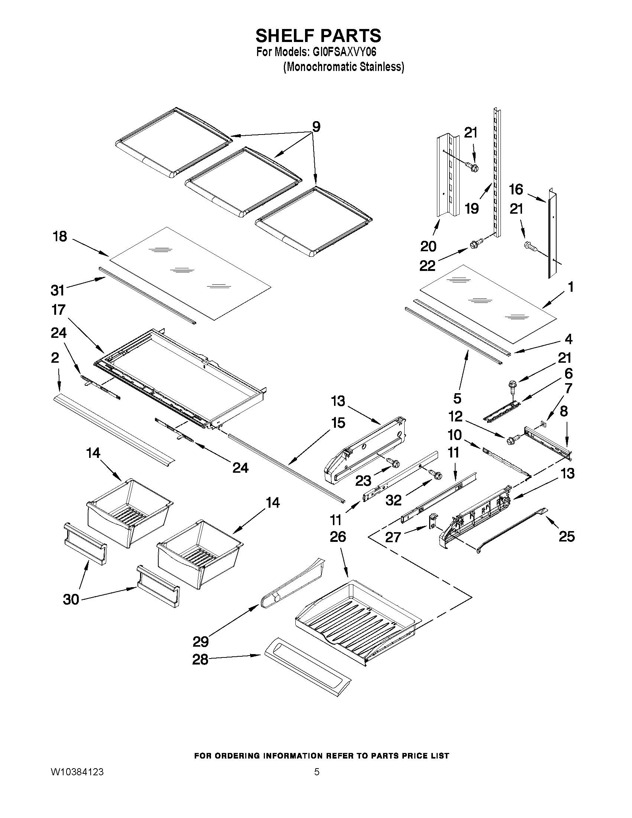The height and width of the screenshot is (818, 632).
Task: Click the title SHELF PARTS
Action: click(318, 36)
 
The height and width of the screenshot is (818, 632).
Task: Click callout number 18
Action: click(60, 236)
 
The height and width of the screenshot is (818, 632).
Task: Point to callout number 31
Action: click(58, 290)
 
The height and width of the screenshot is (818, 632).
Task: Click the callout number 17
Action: click(59, 310)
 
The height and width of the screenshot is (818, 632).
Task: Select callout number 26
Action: click(338, 537)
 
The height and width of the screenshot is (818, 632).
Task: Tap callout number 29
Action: click(201, 641)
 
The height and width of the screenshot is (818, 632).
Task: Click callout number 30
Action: click(71, 599)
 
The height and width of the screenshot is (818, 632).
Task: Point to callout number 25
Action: click(567, 536)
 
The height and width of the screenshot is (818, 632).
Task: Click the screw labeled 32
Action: click(437, 475)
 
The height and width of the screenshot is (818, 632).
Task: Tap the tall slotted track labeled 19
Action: click(497, 172)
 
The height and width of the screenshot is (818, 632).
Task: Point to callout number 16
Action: click(516, 190)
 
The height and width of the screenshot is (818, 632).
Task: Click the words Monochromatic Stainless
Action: click(343, 67)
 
